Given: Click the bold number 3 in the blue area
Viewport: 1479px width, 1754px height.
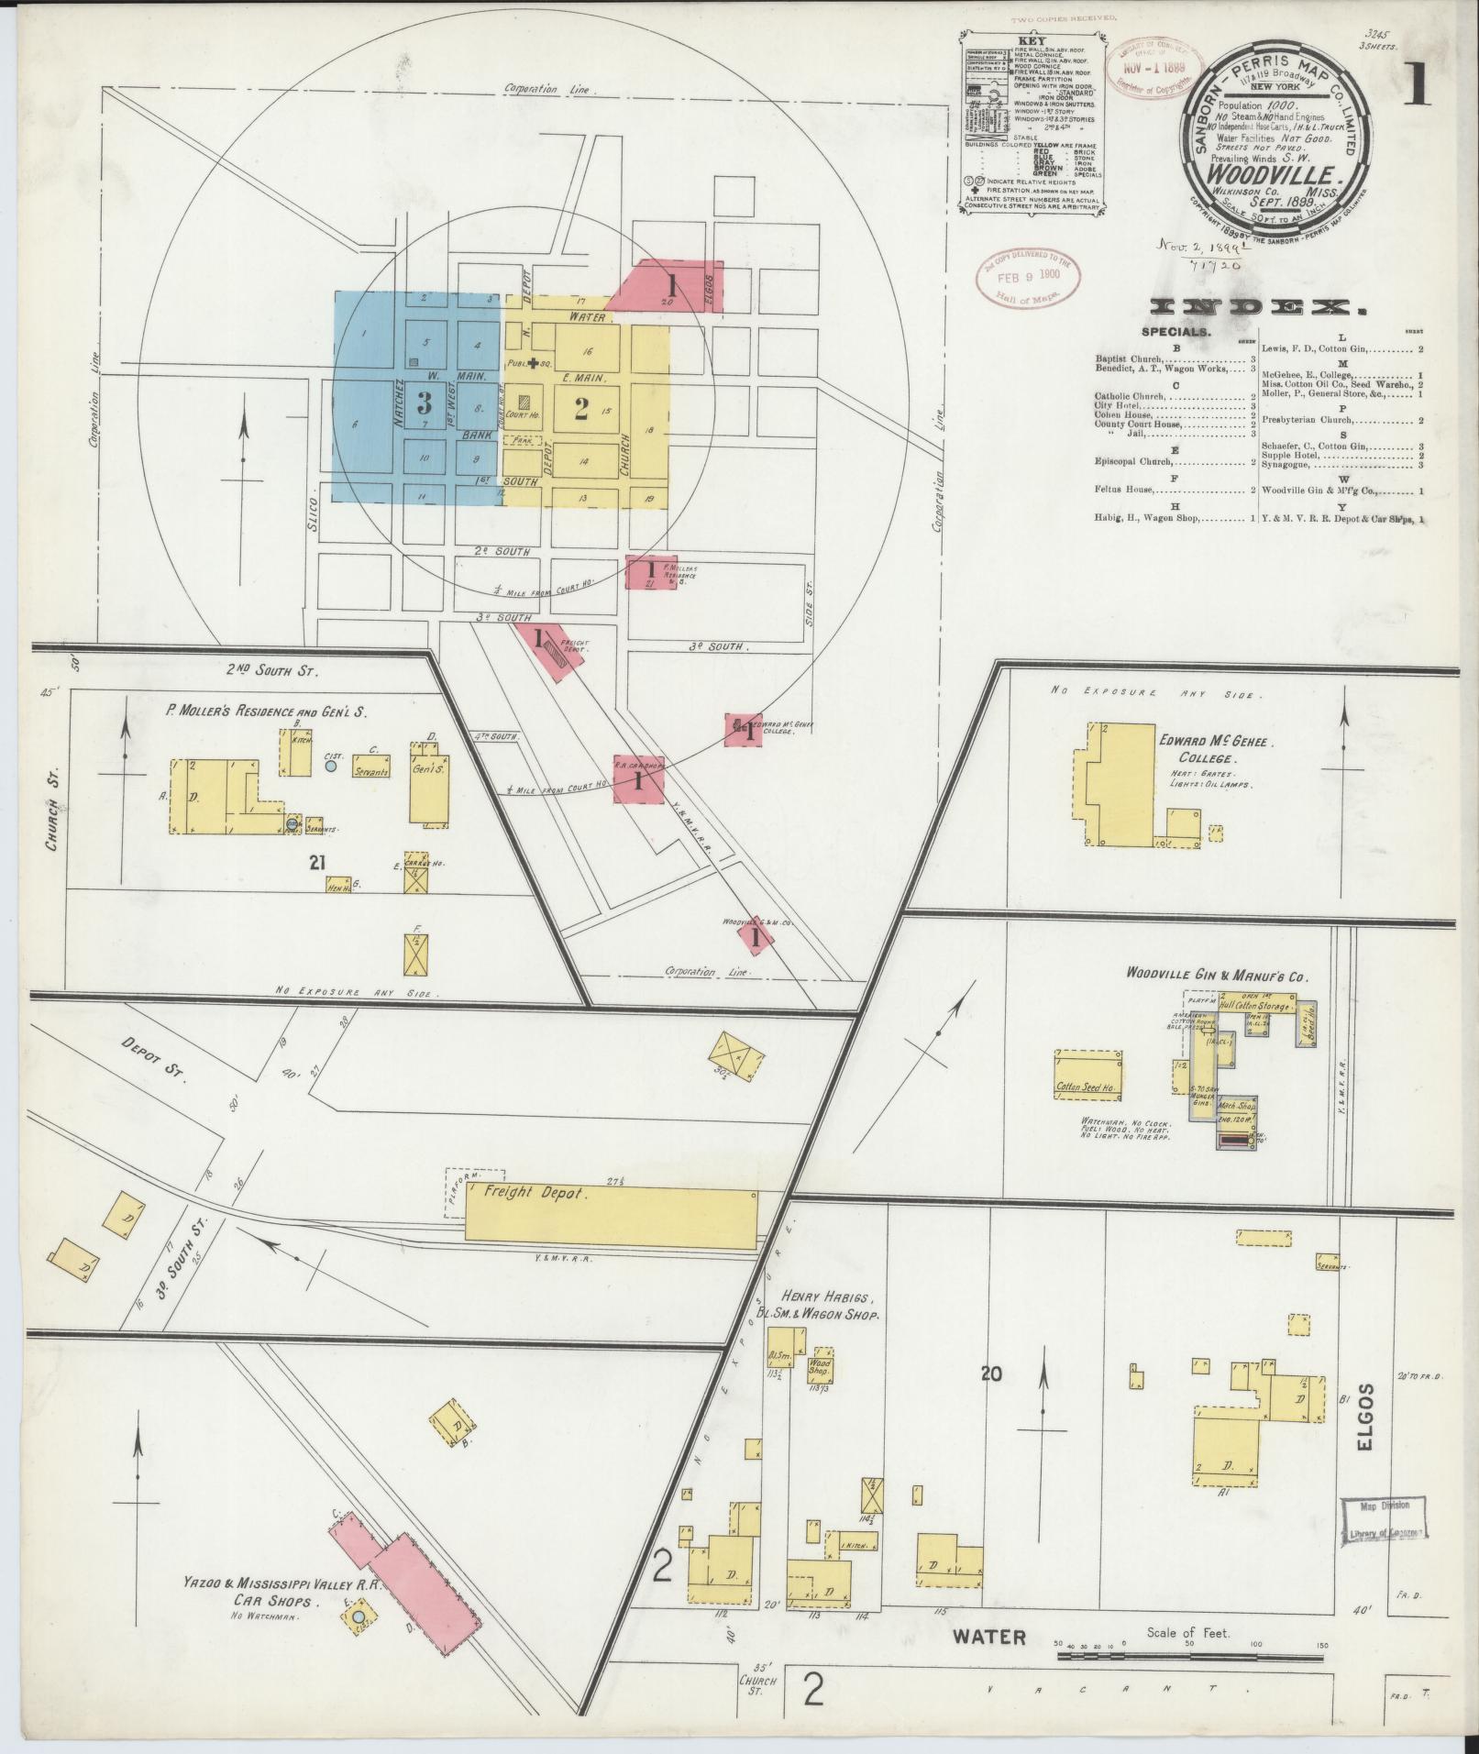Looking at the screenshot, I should click(x=424, y=402).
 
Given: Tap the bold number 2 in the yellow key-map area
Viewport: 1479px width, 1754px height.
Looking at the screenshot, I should click(x=579, y=410).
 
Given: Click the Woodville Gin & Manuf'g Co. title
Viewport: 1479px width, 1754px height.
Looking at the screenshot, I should click(x=1207, y=975).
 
